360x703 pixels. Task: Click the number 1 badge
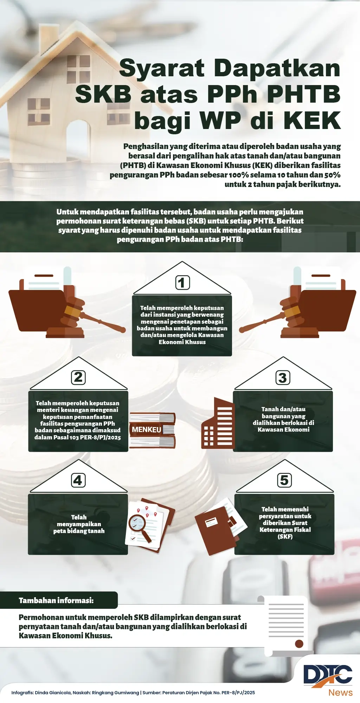[x=182, y=283]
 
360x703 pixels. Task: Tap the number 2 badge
[x=78, y=378]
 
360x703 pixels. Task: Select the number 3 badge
[x=283, y=378]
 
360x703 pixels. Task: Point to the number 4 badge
[x=78, y=480]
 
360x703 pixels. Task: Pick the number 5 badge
[x=284, y=480]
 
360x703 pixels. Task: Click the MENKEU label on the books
[x=147, y=430]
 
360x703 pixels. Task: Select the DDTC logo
[x=328, y=676]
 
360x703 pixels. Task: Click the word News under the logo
[x=340, y=692]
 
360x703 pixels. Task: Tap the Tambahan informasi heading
[x=56, y=600]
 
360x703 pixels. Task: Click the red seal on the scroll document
[x=299, y=644]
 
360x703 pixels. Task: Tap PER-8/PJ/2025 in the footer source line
[x=238, y=692]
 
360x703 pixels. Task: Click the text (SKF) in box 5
[x=285, y=536]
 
